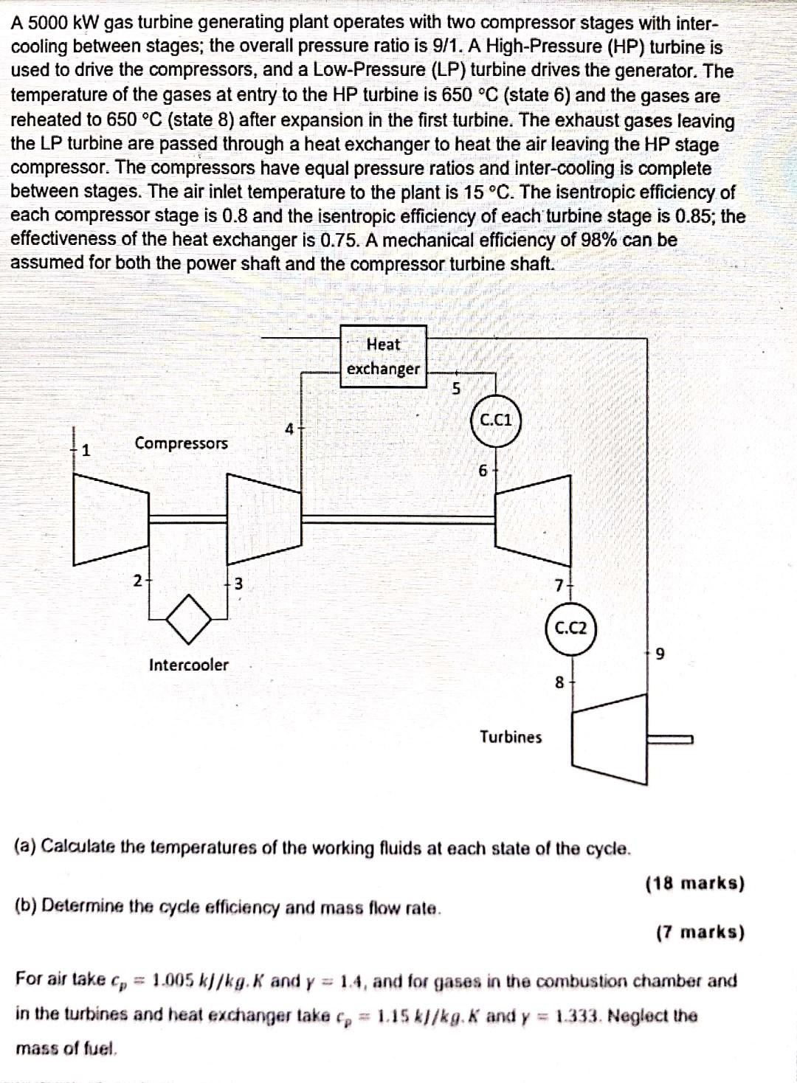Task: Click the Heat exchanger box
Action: click(x=384, y=356)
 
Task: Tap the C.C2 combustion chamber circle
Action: click(x=571, y=629)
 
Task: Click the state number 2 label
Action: click(x=137, y=580)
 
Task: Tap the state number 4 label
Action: click(x=290, y=429)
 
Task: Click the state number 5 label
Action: click(x=456, y=389)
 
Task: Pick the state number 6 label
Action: click(x=483, y=470)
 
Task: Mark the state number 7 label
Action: click(x=559, y=585)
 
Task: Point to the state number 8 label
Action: click(x=559, y=683)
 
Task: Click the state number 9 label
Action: click(x=660, y=654)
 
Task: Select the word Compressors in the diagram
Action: click(x=181, y=443)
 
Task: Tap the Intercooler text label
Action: click(x=189, y=665)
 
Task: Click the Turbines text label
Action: click(x=511, y=737)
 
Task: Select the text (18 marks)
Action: click(x=695, y=883)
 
